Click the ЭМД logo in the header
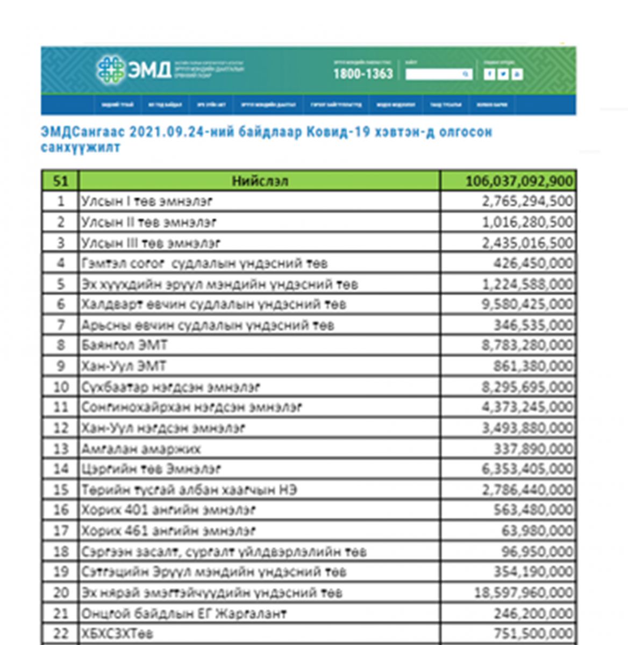pos(134,70)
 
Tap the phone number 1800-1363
pos(363,74)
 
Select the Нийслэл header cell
pos(259,181)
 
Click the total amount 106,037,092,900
pos(519,181)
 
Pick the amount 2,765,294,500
pos(527,201)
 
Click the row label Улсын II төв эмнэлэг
pos(149,222)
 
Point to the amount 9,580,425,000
pos(527,304)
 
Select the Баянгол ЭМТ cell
pos(124,345)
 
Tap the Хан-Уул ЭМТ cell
pos(124,366)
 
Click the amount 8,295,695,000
pos(527,386)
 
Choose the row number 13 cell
pos(61,448)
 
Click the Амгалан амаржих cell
pos(141,448)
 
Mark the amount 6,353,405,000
pos(527,469)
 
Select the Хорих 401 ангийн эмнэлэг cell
pos(168,510)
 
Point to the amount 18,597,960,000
pos(523,592)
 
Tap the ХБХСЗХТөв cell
pos(117,633)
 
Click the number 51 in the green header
pos(61,181)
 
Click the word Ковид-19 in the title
pos(338,132)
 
